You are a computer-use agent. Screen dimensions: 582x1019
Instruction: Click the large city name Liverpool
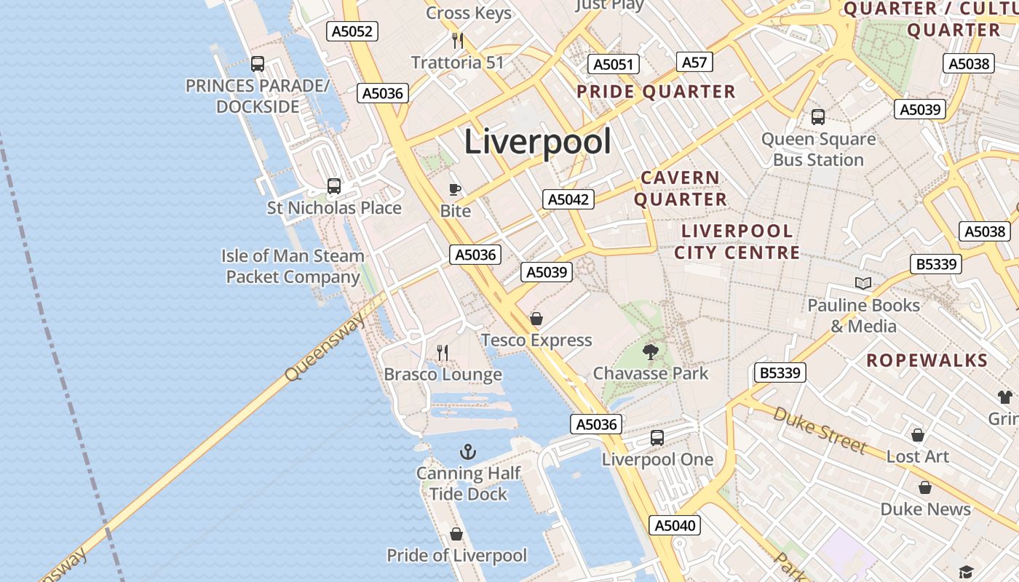[x=537, y=141]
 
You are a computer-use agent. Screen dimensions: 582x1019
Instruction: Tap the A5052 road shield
[x=352, y=31]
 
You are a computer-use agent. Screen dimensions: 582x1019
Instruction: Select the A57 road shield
[x=694, y=63]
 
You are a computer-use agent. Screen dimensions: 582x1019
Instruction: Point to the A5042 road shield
[x=568, y=199]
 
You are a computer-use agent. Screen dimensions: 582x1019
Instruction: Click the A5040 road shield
[x=675, y=525]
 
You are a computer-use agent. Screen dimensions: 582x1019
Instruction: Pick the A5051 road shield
[x=613, y=64]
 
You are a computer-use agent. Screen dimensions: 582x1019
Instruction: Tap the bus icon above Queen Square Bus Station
[x=818, y=116]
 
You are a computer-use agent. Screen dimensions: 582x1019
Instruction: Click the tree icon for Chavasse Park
[x=650, y=352]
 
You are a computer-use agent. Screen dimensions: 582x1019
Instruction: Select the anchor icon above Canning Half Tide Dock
[x=468, y=452]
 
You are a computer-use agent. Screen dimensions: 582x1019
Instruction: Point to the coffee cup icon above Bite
[x=455, y=190]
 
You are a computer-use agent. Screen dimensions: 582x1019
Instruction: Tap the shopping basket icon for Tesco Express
[x=536, y=319]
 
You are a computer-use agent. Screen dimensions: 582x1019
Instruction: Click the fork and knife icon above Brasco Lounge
[x=443, y=353]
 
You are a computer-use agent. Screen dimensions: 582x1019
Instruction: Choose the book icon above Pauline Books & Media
[x=863, y=283]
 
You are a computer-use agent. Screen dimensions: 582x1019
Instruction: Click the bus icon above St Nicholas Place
[x=334, y=186]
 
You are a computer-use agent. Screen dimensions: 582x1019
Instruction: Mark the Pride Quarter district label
[x=656, y=92]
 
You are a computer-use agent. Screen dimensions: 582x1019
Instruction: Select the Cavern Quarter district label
[x=680, y=188]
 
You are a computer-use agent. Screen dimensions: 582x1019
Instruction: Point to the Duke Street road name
[x=820, y=429]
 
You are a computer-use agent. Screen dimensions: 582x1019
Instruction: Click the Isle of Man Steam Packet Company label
[x=293, y=266]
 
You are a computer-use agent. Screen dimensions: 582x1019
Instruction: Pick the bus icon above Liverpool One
[x=657, y=437]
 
